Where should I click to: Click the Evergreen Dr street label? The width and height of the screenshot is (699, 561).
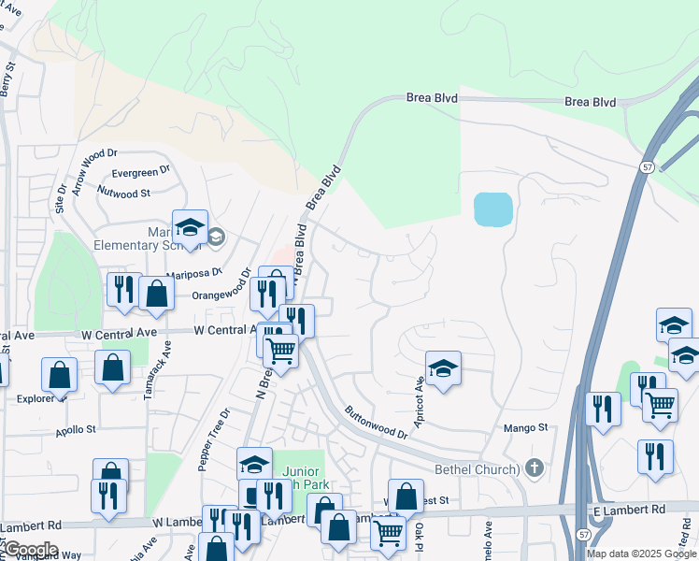click(x=140, y=173)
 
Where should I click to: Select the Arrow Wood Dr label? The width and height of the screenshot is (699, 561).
click(x=94, y=170)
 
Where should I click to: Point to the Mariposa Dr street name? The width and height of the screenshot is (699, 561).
click(x=194, y=273)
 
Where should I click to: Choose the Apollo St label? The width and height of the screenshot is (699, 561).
click(x=77, y=430)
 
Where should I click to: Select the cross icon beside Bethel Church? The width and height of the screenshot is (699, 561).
click(x=534, y=467)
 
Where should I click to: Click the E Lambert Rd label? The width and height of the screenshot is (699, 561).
click(x=628, y=509)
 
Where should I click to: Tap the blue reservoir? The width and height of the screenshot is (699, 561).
click(x=492, y=209)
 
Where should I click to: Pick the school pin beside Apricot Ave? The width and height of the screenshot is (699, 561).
click(x=444, y=368)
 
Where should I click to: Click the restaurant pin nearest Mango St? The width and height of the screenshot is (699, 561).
click(x=603, y=409)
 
